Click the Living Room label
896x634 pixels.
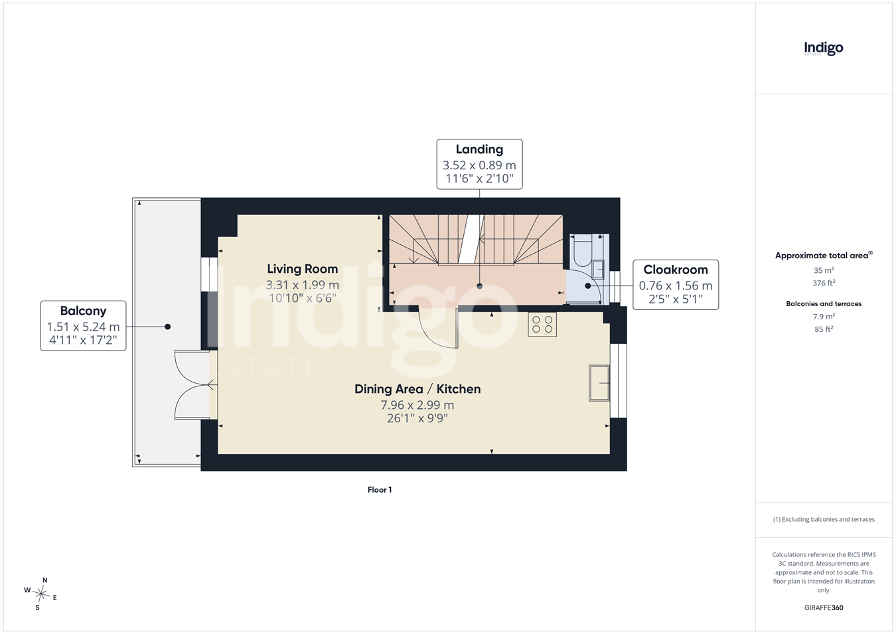(x=303, y=269)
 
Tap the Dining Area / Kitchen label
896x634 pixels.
(x=417, y=389)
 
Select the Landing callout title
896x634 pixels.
(x=479, y=149)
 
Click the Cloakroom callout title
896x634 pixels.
(x=676, y=270)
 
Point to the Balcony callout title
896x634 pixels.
(x=83, y=311)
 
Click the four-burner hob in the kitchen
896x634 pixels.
(x=542, y=325)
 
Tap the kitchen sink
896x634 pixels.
(x=599, y=383)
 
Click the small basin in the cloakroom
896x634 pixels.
(x=598, y=269)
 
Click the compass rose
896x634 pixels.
(x=40, y=594)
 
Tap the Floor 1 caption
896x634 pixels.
(x=380, y=489)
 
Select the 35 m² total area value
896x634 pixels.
(x=824, y=270)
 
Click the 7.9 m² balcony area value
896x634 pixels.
(x=824, y=317)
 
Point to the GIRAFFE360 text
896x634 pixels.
(x=824, y=607)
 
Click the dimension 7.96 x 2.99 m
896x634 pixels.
(x=417, y=405)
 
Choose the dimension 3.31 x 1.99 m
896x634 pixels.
(x=303, y=285)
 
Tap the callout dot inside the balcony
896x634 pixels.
(x=168, y=327)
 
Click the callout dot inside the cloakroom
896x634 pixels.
(x=587, y=285)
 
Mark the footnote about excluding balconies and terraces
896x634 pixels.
(x=824, y=519)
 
